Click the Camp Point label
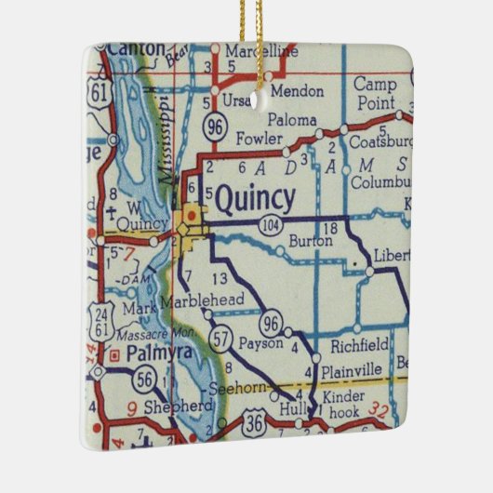(375, 93)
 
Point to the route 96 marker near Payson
(272, 323)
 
